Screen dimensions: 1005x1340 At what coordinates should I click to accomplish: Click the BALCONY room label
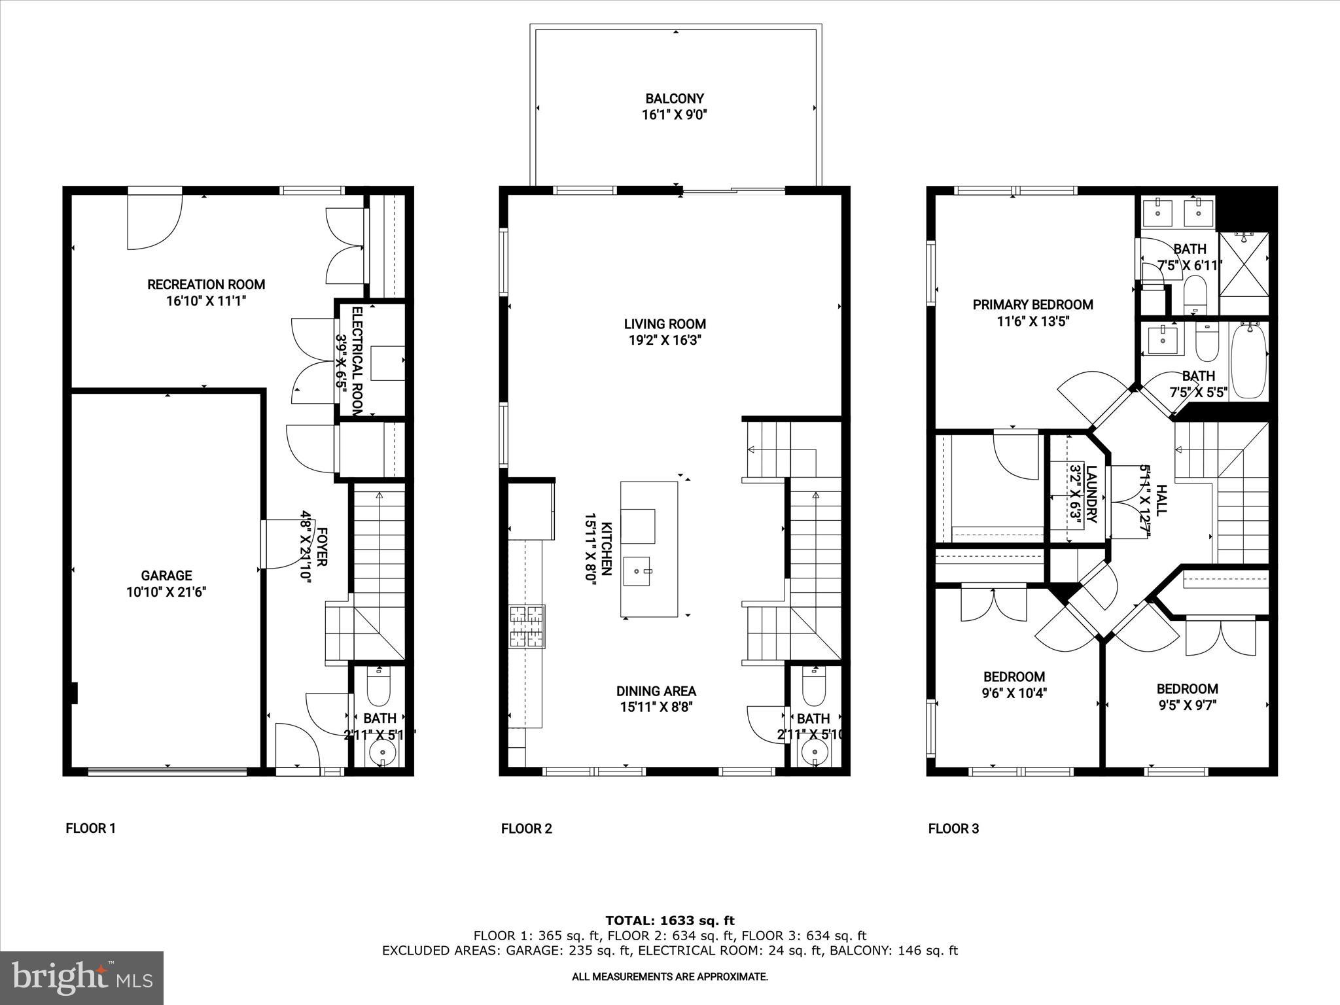coord(675,99)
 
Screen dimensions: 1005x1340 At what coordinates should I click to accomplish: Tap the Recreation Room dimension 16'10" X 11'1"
coord(206,301)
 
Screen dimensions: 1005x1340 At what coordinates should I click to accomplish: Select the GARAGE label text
coord(166,576)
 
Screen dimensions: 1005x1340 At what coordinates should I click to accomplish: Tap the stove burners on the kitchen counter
coord(527,627)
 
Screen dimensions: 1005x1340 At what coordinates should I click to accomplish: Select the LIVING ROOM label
coord(665,324)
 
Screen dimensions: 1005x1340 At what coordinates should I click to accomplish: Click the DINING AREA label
coord(656,691)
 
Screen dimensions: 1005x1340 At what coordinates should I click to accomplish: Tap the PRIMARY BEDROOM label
coord(1032,305)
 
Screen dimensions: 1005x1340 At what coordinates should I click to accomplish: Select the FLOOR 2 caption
coord(526,829)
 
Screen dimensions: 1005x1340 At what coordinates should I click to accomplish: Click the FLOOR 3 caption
coord(953,829)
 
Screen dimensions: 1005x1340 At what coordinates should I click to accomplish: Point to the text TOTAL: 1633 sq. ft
coord(670,921)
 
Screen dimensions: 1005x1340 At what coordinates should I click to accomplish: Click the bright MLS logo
coord(82,978)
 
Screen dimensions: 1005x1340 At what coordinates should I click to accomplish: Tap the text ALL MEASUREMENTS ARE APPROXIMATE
coord(670,977)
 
